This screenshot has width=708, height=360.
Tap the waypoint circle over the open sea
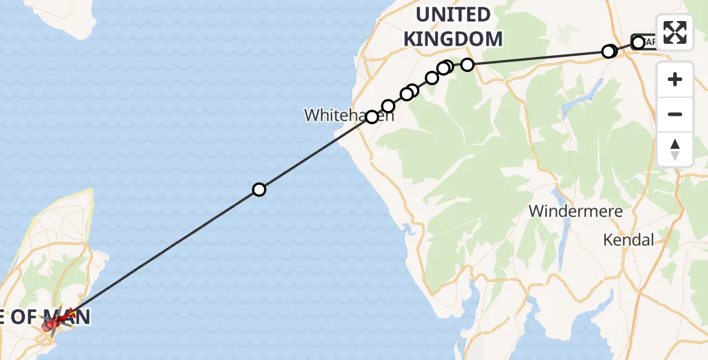(x=259, y=190)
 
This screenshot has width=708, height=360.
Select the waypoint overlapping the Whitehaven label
(x=372, y=117)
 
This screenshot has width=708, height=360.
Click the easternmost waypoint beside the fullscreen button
(x=638, y=43)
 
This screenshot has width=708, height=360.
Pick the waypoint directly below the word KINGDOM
(x=467, y=64)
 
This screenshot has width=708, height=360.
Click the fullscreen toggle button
(x=675, y=32)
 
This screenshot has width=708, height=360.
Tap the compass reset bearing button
(x=675, y=149)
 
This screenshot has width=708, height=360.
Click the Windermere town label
(x=575, y=211)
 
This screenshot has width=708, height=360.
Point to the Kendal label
(x=628, y=240)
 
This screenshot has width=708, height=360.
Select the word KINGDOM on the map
(x=453, y=39)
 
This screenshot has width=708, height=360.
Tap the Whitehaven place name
(x=349, y=115)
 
